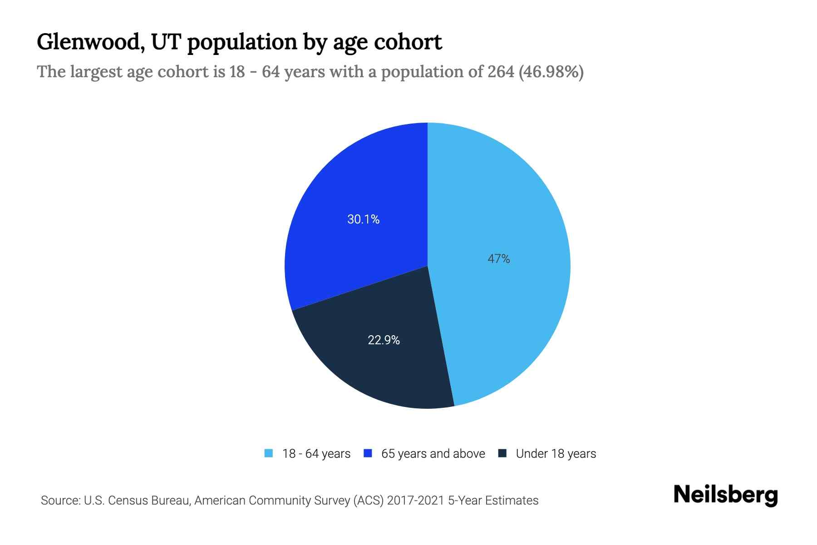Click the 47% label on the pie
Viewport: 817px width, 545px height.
tap(498, 259)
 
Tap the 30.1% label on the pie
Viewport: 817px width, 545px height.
tap(363, 219)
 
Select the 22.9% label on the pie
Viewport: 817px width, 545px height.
tap(384, 340)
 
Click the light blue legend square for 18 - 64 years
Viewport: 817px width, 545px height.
tap(269, 453)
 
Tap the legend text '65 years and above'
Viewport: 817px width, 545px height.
tap(433, 454)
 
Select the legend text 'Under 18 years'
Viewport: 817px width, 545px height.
tap(556, 454)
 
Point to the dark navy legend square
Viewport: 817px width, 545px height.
tap(502, 453)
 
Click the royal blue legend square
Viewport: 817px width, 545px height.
tap(368, 453)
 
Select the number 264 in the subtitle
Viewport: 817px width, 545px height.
tap(501, 72)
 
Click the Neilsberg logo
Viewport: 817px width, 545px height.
tap(725, 495)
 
